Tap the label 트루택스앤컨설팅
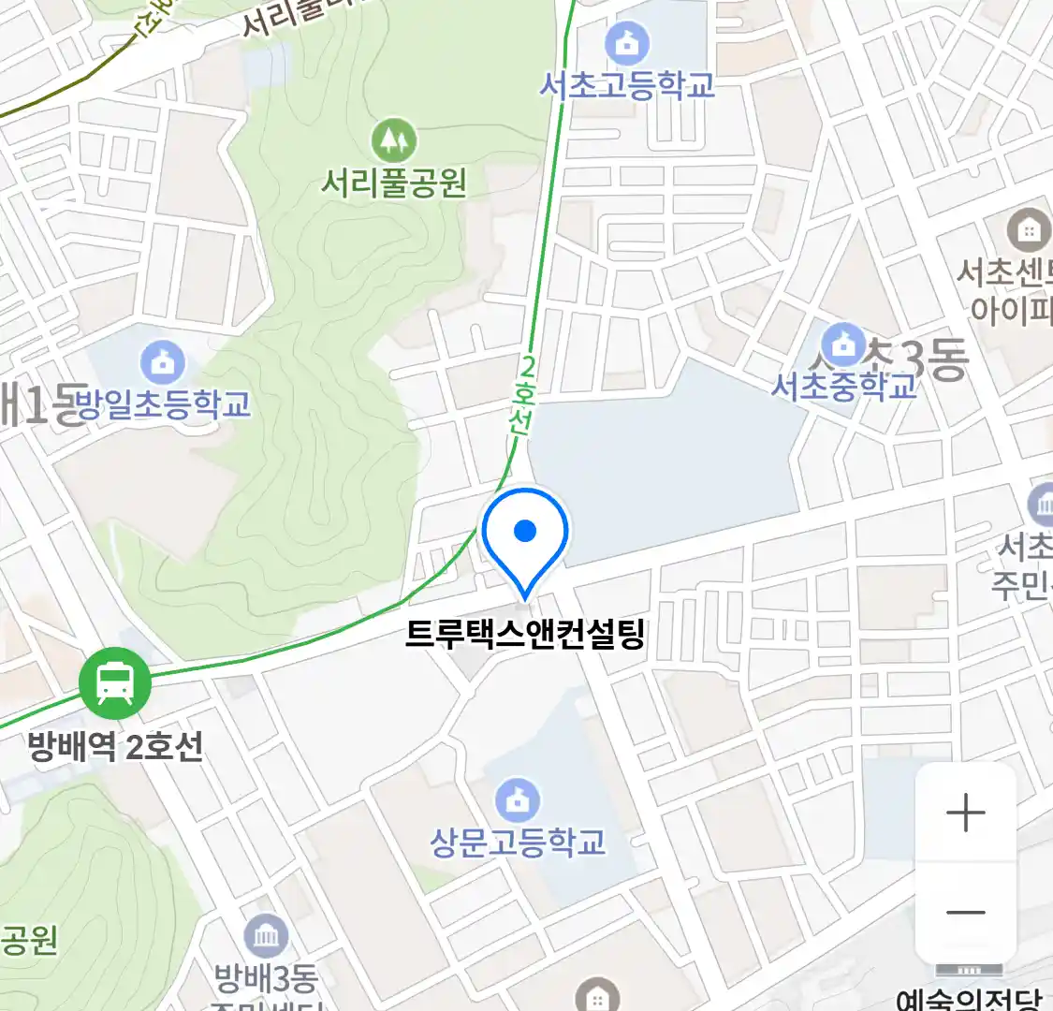click(x=525, y=635)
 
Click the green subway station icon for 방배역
click(x=114, y=683)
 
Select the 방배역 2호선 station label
click(x=115, y=747)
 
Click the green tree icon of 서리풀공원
click(x=394, y=140)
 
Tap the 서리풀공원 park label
click(x=393, y=182)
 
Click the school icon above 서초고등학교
click(x=627, y=43)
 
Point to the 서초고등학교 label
click(x=627, y=85)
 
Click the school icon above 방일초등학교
click(x=163, y=363)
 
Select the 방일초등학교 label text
click(x=163, y=404)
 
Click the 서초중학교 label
click(x=844, y=386)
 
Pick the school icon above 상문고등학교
click(x=518, y=799)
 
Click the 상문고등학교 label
click(x=518, y=842)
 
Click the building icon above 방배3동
click(x=266, y=935)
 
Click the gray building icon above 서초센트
click(x=1029, y=229)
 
